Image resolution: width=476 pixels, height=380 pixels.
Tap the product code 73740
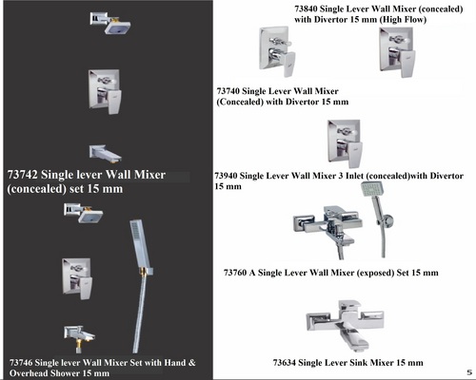228,91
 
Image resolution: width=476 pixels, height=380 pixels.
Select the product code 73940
226,176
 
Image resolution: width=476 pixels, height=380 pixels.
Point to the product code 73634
285,363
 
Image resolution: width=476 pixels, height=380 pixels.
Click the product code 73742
22,175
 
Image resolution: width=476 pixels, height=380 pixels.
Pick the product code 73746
21,363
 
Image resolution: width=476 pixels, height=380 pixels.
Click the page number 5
469,372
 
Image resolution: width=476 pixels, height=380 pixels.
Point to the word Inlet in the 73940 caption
354,176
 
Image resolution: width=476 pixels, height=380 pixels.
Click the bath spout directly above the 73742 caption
105,154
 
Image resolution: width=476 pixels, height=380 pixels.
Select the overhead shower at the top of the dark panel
110,23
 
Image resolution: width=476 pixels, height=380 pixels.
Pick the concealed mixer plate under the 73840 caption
397,52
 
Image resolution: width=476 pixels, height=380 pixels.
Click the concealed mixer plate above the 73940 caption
345,143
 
